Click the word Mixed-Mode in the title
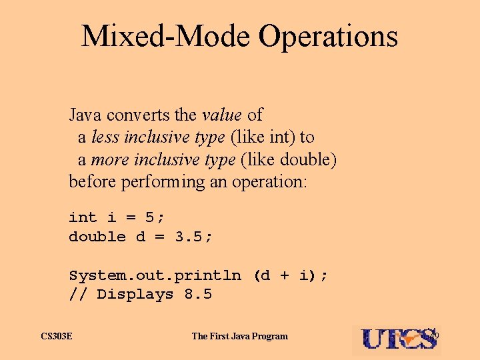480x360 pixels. pyautogui.click(x=165, y=36)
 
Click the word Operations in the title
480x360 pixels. pyautogui.click(x=328, y=37)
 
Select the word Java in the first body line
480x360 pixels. pyautogui.click(x=85, y=115)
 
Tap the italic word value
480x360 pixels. pyautogui.click(x=222, y=115)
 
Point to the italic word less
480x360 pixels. pyautogui.click(x=103, y=137)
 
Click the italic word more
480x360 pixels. pyautogui.click(x=109, y=160)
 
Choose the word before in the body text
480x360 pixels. pyautogui.click(x=93, y=182)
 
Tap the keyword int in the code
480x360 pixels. pyautogui.click(x=83, y=217)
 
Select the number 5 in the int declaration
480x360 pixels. pyautogui.click(x=150, y=217)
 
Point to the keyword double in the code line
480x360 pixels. pyautogui.click(x=97, y=236)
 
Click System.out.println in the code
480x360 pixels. pyautogui.click(x=155, y=275)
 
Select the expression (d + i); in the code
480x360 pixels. pyautogui.click(x=291, y=275)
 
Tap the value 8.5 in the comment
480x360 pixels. pyautogui.click(x=197, y=294)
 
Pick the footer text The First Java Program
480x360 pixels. pyautogui.click(x=239, y=336)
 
